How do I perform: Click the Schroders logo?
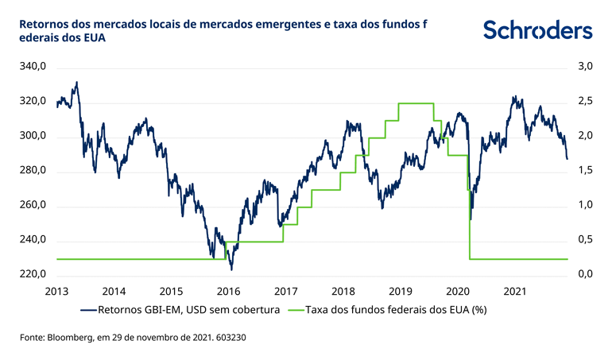(x=537, y=30)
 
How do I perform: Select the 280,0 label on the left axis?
(x=33, y=172)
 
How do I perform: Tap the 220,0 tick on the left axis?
(x=33, y=275)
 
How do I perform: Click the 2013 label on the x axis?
(x=56, y=290)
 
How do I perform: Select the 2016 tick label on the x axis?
(x=229, y=290)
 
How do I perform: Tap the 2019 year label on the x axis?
(x=401, y=290)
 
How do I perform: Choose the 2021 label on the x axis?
(x=516, y=290)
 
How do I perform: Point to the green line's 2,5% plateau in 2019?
(x=416, y=103)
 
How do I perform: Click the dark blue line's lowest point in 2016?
(x=230, y=269)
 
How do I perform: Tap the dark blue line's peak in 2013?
(x=76, y=82)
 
